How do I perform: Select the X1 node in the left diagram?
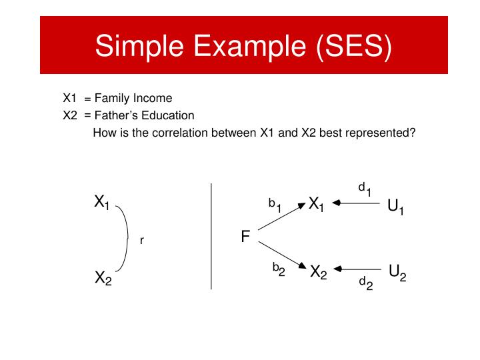pos(102,202)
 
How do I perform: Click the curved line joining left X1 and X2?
pos(127,237)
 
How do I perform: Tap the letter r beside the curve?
pos(142,241)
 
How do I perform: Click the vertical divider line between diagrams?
pos(211,237)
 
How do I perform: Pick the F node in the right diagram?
pos(245,237)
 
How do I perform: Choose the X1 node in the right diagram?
pos(316,205)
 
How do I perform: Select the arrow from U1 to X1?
pos(357,204)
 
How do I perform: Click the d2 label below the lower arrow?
pos(365,284)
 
